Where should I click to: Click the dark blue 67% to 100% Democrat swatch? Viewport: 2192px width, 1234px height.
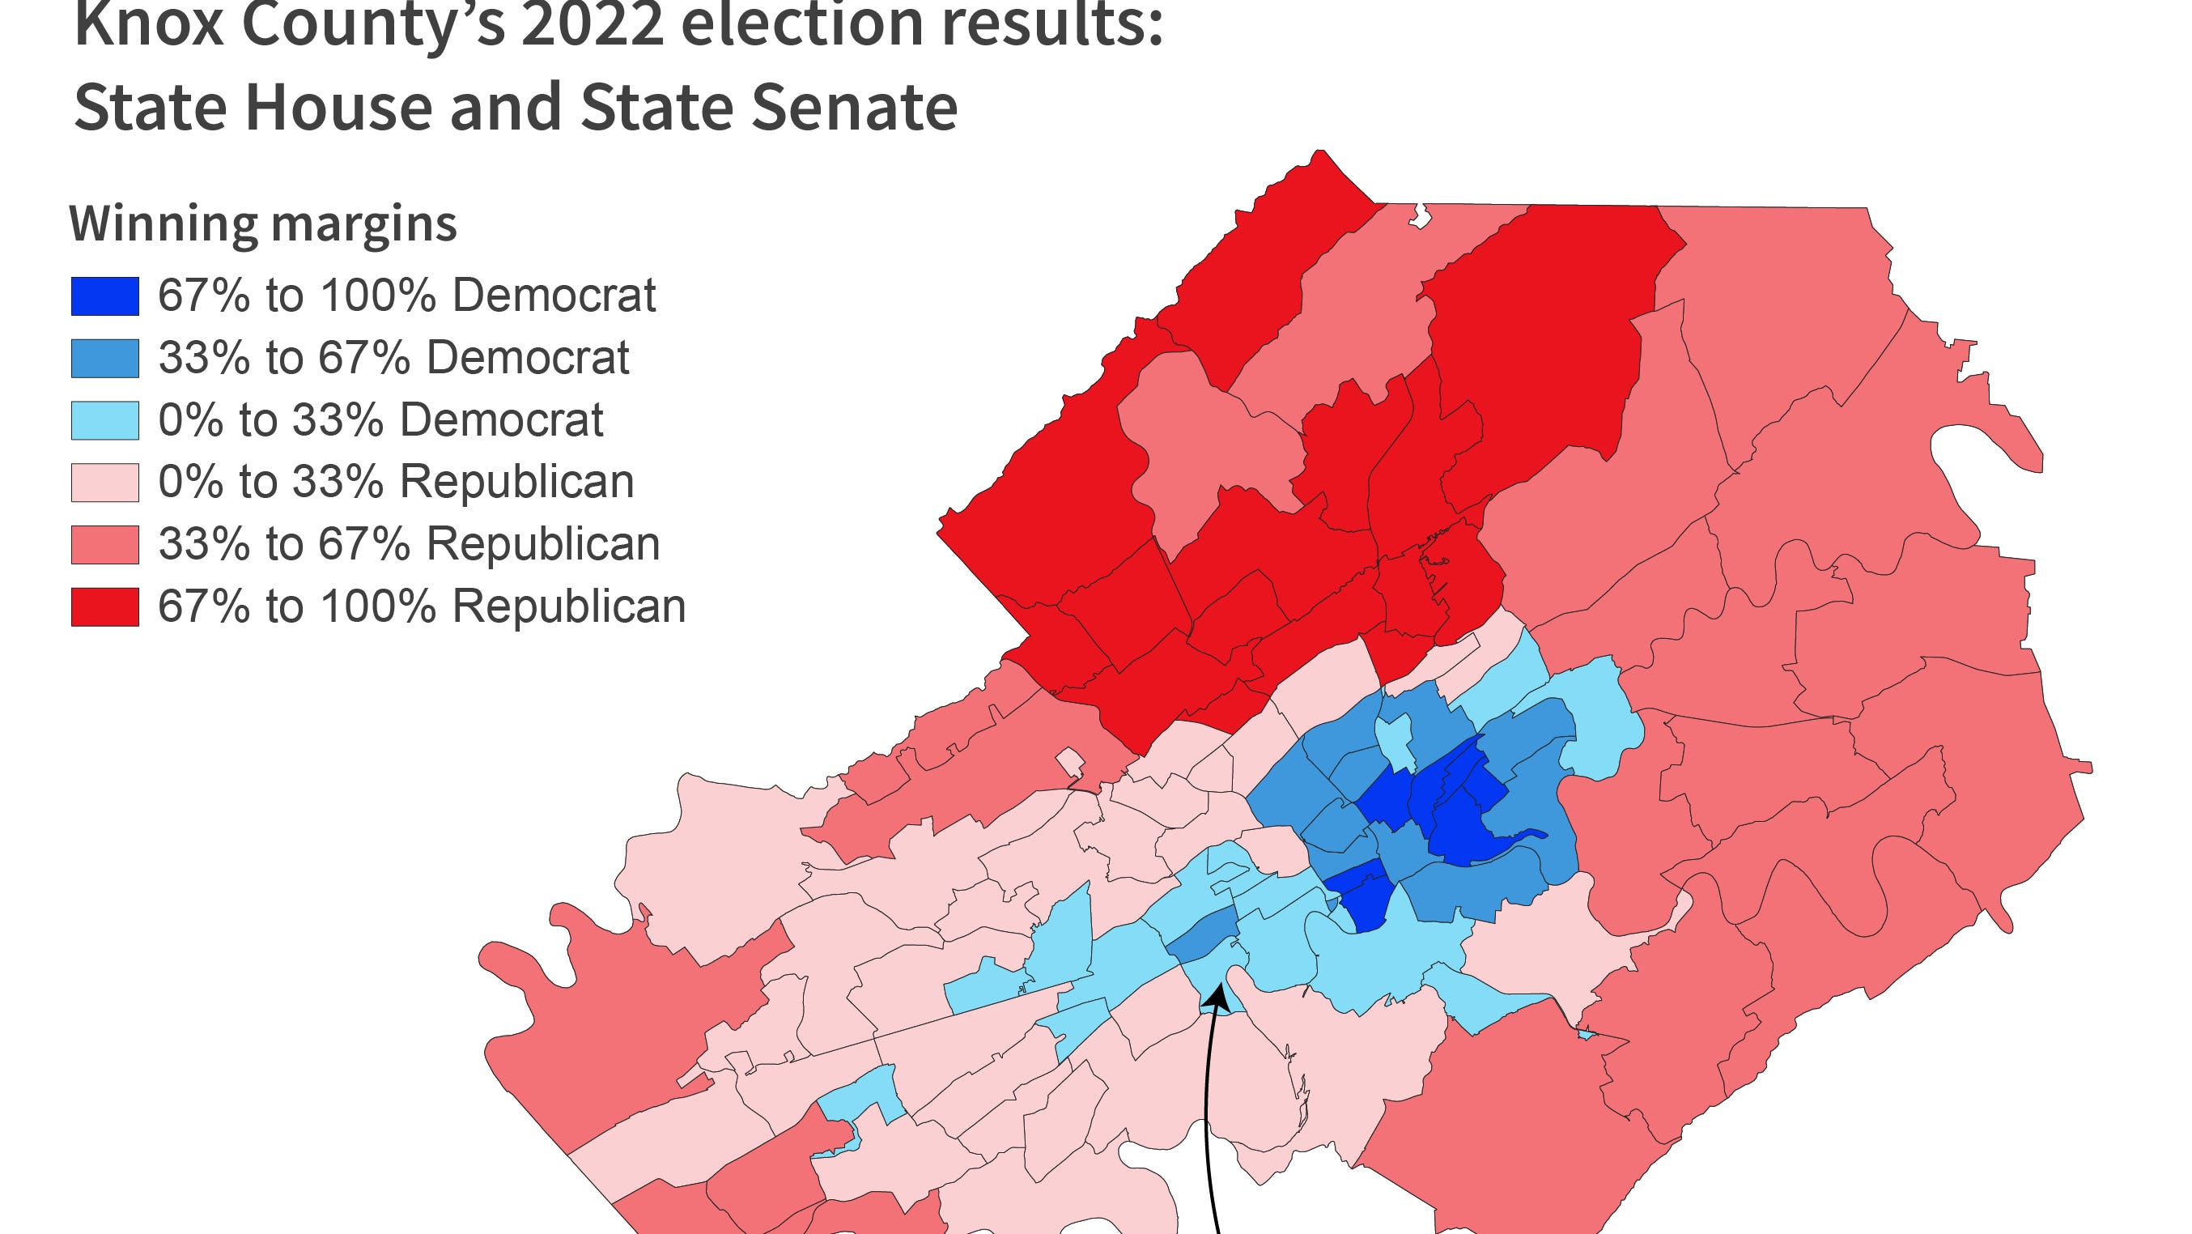pos(104,296)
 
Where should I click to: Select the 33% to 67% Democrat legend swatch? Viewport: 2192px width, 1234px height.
pos(104,358)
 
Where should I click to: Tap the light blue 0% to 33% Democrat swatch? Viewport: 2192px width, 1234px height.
pos(104,420)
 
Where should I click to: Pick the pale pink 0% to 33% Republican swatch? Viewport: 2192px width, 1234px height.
pos(104,483)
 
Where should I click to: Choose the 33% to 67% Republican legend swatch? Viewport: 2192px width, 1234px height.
pos(104,545)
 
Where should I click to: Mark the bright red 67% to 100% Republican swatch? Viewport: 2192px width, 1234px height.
pos(104,606)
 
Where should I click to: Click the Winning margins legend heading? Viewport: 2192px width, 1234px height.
pos(263,223)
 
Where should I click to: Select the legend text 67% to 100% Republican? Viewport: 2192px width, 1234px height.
pos(421,606)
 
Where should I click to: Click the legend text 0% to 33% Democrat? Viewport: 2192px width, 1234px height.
pos(380,420)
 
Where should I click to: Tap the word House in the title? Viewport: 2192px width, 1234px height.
pos(339,107)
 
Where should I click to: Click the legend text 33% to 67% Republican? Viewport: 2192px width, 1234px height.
pos(409,545)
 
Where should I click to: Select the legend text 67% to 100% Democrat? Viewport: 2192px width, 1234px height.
pos(406,296)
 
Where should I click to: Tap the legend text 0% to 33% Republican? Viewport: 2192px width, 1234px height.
pos(396,483)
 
